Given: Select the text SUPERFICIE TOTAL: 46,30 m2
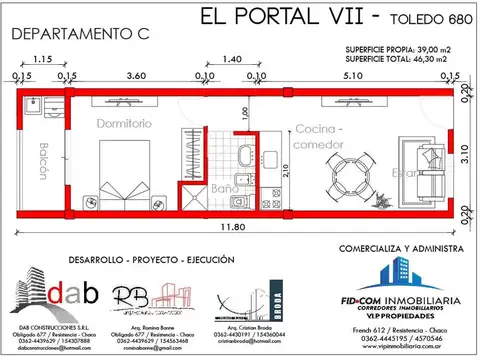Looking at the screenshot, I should [x=399, y=59].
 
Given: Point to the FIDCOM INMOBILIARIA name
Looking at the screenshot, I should [x=402, y=299].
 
